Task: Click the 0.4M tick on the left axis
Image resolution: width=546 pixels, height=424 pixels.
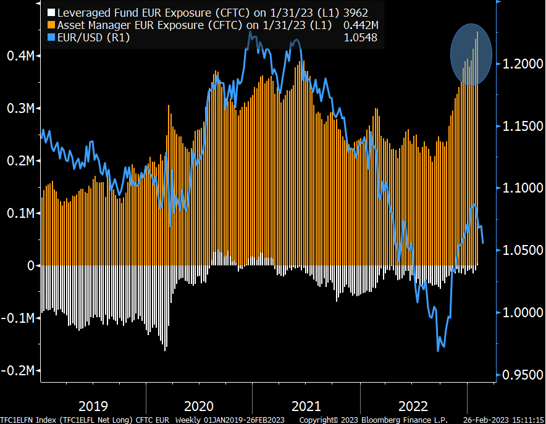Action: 20,56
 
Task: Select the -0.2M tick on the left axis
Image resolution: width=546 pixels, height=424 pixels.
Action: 19,370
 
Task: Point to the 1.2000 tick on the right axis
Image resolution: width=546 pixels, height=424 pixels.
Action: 523,64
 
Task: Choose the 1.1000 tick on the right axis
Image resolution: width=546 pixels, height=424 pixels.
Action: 523,188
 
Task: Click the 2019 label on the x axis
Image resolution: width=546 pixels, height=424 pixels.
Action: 93,406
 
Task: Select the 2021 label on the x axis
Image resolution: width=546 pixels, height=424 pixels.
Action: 306,406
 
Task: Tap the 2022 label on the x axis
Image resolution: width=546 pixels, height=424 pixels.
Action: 413,406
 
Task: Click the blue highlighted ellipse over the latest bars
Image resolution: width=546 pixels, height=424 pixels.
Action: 471,54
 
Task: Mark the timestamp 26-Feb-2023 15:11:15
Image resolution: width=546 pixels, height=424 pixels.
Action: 503,420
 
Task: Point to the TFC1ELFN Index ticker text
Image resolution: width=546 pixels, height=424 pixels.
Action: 25,420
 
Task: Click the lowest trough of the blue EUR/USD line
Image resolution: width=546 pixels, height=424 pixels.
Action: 438,351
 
